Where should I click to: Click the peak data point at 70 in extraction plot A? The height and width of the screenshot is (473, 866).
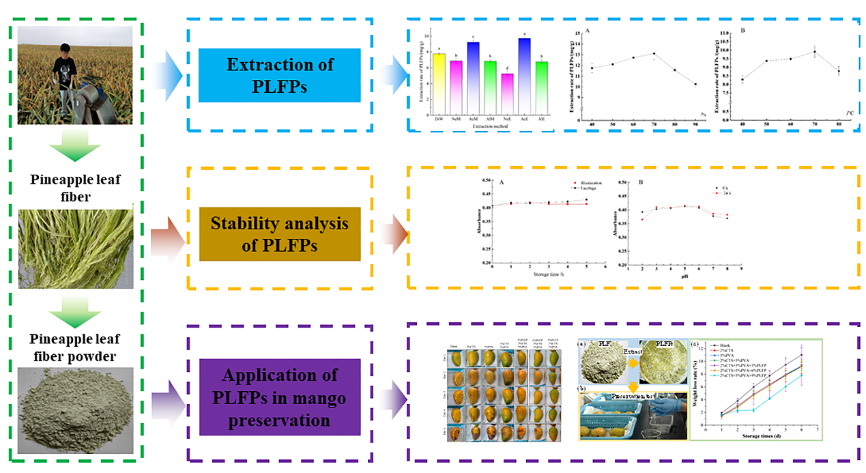pos(654,53)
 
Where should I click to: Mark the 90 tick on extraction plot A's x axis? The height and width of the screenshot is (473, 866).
pos(695,124)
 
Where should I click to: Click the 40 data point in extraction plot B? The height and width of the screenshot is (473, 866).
pos(742,80)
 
